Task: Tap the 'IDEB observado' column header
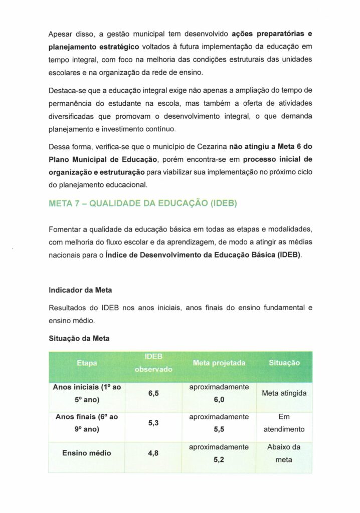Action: (153, 363)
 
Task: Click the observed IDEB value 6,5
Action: (153, 393)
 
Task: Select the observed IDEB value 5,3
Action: (153, 423)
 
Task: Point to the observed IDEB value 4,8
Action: (153, 453)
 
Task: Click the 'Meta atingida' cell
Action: (284, 393)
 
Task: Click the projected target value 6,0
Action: (219, 400)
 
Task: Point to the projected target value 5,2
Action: (219, 459)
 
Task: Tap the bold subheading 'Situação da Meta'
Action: (79, 339)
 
